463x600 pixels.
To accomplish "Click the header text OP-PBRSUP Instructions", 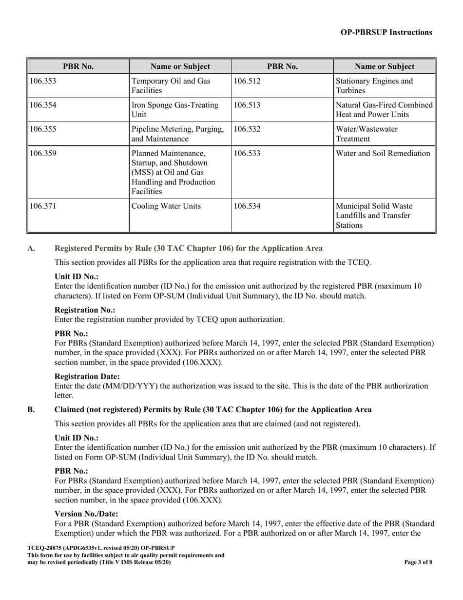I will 386,32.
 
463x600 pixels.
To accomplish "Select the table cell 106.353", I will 43,81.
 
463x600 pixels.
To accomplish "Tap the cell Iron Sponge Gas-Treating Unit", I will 175,110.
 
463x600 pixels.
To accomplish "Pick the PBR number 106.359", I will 43,154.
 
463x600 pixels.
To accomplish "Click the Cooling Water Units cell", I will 166,206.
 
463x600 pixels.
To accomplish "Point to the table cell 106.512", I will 247,81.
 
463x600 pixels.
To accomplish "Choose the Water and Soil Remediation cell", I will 383,154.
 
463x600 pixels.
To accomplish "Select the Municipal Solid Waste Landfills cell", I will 374,215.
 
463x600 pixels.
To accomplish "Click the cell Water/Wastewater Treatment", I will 367,134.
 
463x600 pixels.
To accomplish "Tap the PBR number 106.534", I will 247,206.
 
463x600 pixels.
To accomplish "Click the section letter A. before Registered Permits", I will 31,248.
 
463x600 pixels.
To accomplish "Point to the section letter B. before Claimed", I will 31,409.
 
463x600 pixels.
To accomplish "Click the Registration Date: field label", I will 87,376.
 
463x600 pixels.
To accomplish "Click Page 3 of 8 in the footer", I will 418,562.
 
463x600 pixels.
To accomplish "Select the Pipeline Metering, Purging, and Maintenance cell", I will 178,134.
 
